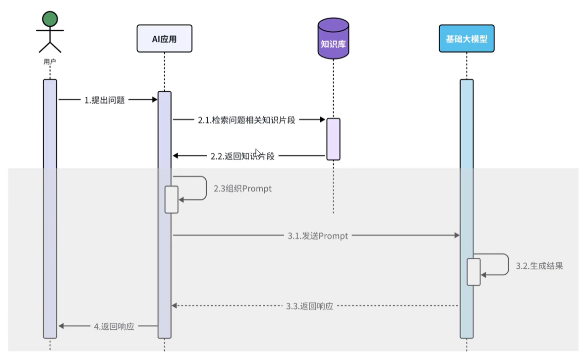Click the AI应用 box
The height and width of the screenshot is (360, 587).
(x=164, y=39)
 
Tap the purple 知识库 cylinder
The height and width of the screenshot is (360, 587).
(x=333, y=40)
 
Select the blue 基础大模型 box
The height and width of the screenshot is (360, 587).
(x=467, y=38)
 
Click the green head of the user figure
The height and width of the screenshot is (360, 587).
(x=50, y=19)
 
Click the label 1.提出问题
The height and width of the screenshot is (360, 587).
(x=104, y=100)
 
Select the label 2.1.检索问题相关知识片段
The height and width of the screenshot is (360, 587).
(x=246, y=120)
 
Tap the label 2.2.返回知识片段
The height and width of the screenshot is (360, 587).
(x=242, y=156)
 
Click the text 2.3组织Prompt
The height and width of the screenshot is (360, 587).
(x=242, y=189)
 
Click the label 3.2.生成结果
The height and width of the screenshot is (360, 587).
(x=539, y=266)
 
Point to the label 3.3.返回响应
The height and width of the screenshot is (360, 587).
(x=310, y=305)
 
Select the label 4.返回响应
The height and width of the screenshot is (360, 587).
(x=114, y=326)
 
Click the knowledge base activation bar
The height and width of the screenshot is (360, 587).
(x=333, y=139)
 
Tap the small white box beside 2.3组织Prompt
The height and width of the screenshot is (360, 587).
(x=171, y=199)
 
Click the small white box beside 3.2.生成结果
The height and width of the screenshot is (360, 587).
(x=473, y=272)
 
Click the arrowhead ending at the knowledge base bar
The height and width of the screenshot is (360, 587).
(x=322, y=120)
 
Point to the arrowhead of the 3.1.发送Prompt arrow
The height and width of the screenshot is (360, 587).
(x=457, y=236)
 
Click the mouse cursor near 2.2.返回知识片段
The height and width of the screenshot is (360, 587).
(x=258, y=153)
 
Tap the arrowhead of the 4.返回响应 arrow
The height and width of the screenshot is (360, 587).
(x=61, y=326)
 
